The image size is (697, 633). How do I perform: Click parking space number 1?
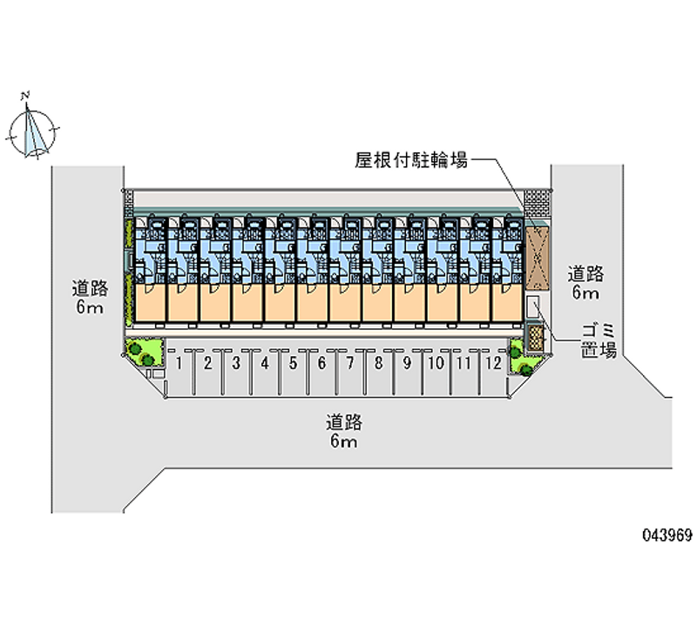[x=179, y=363]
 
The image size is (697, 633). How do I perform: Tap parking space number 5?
[x=293, y=363]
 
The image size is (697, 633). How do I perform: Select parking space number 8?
[x=378, y=363]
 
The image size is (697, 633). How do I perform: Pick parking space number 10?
[x=436, y=363]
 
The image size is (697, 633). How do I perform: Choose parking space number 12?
[x=493, y=363]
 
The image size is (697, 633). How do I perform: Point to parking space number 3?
[x=236, y=363]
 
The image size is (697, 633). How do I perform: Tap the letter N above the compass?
[x=25, y=95]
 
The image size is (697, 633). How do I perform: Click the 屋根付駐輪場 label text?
[x=411, y=160]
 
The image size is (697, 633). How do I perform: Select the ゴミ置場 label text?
[x=599, y=340]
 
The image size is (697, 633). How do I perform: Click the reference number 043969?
[x=667, y=535]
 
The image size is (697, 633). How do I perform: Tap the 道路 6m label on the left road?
[x=90, y=297]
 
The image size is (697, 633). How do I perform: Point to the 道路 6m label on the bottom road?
[x=344, y=431]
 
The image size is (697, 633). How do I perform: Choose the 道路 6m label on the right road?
[x=585, y=283]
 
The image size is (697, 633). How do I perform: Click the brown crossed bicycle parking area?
[x=537, y=259]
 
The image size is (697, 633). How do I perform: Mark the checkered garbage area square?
[x=536, y=338]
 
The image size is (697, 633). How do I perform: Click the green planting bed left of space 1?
[x=144, y=351]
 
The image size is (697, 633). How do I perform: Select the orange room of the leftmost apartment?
[x=150, y=302]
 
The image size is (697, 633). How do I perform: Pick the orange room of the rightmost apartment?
[x=507, y=302]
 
